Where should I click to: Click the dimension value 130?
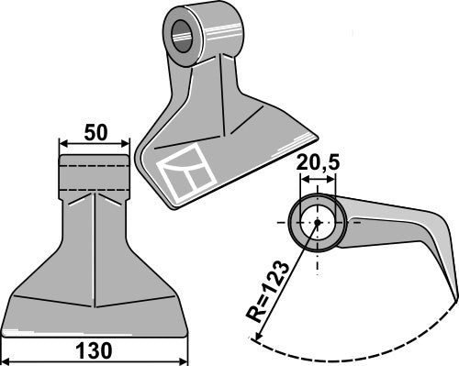[x=95, y=350]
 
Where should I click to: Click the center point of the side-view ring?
[x=318, y=222]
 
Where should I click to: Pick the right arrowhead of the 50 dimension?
[x=126, y=144]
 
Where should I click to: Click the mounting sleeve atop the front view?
[x=94, y=172]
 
